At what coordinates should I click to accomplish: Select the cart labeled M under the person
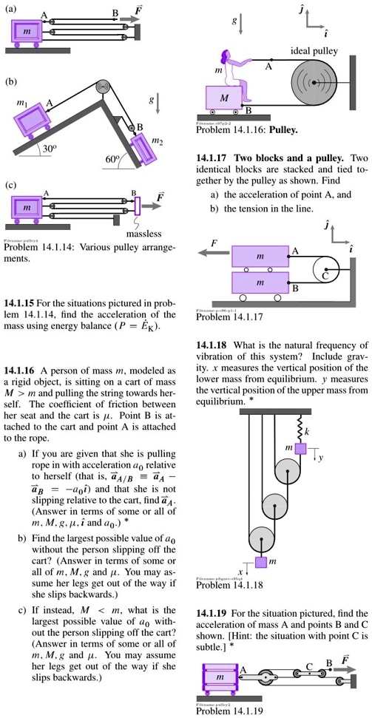pyautogui.click(x=223, y=98)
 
